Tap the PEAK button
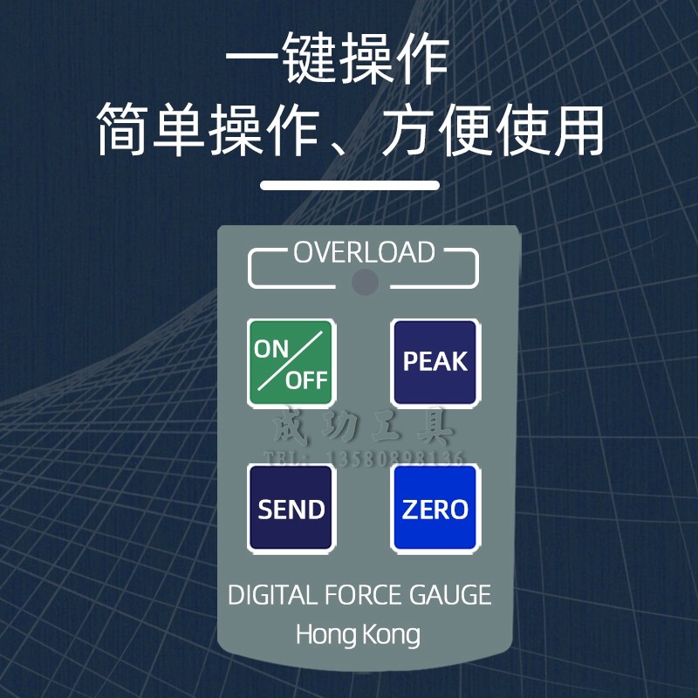435,361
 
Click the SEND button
291,509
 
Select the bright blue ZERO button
435,509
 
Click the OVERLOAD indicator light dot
365,281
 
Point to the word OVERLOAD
364,252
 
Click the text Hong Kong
358,633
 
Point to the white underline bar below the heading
350,185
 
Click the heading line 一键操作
337,61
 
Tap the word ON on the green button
271,348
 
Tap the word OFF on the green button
306,380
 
